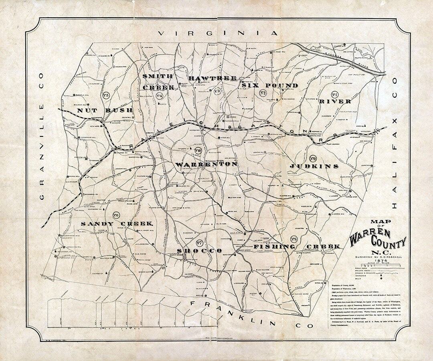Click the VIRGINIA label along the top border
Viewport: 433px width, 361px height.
point(218,34)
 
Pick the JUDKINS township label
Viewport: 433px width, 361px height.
point(314,166)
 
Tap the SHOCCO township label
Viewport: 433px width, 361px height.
point(199,251)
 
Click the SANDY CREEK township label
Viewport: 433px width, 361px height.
point(117,223)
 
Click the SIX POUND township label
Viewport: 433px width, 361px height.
point(270,85)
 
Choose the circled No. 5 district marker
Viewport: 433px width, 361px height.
point(106,95)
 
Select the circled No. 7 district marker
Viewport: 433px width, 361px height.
point(199,242)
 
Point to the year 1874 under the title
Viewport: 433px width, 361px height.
point(377,261)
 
